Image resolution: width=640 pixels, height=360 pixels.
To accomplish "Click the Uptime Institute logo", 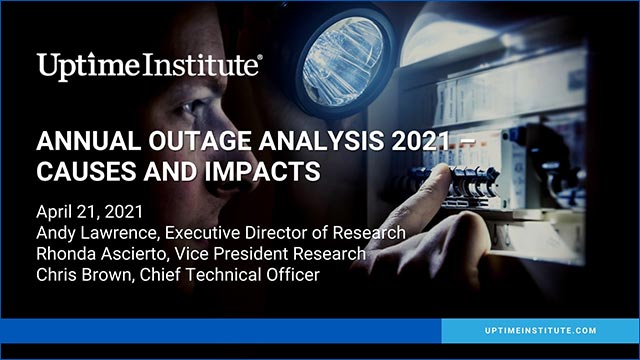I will click(x=150, y=66).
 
